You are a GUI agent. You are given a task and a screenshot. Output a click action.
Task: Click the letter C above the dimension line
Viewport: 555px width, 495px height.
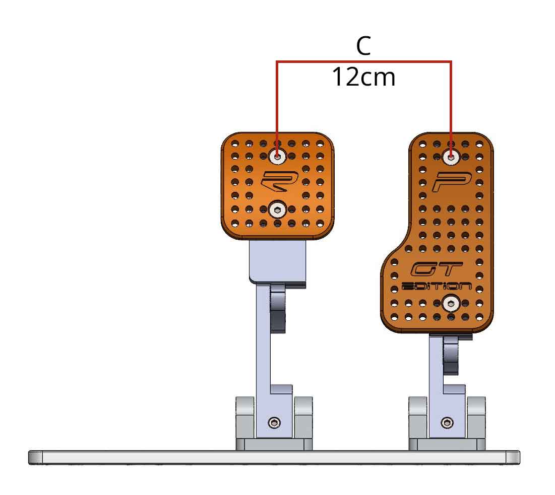tap(363, 46)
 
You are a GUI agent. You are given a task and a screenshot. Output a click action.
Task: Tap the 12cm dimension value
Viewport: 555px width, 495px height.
tap(363, 78)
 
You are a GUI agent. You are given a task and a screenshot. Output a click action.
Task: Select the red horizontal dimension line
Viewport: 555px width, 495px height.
tap(363, 62)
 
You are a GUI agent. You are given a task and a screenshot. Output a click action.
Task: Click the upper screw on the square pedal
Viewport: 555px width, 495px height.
tap(277, 156)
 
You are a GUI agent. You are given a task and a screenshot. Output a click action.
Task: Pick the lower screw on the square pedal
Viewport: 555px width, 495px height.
tap(277, 209)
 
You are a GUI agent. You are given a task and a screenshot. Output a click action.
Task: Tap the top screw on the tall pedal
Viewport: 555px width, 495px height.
tap(451, 157)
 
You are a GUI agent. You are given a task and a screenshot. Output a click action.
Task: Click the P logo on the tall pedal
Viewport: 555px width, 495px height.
tap(452, 181)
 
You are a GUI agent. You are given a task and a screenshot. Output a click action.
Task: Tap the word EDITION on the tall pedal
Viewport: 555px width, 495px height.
tap(437, 286)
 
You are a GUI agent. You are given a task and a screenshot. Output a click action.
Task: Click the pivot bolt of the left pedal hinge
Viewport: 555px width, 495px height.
tap(274, 422)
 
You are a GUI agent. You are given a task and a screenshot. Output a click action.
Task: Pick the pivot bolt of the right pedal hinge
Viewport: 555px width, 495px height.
tap(447, 422)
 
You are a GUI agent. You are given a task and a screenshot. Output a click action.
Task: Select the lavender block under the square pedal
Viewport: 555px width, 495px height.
tap(278, 262)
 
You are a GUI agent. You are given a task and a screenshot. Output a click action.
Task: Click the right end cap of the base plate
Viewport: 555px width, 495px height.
tap(513, 457)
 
